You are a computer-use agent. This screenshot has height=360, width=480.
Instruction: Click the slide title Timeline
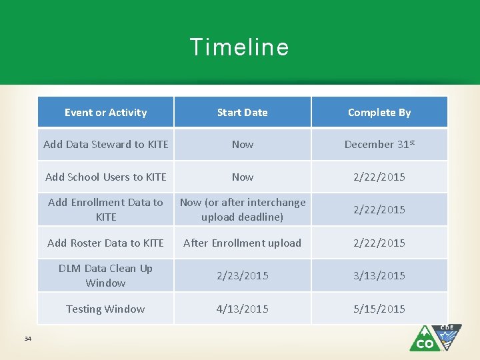point(239,47)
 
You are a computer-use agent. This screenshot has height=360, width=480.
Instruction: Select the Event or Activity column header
point(105,113)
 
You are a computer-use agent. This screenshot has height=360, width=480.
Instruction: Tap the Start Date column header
point(242,113)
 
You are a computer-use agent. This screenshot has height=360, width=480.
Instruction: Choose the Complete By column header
point(379,113)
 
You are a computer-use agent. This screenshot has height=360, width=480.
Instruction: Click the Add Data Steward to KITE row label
point(105,144)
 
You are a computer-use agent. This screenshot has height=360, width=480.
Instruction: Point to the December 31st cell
point(379,144)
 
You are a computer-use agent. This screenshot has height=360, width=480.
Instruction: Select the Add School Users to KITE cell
point(105,177)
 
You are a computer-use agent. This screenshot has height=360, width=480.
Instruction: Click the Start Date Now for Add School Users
point(242,177)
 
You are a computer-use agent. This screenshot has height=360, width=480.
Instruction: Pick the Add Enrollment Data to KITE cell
point(105,209)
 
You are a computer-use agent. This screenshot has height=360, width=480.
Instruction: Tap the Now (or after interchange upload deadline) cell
point(242,209)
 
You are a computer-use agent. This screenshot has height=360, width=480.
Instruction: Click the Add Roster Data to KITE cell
point(105,243)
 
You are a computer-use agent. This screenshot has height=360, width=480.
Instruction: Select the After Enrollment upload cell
point(242,243)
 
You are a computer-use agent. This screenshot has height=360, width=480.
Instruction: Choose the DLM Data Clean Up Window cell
point(105,275)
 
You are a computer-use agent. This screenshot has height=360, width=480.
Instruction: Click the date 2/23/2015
point(242,275)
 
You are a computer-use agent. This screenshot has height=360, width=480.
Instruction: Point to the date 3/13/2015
point(379,275)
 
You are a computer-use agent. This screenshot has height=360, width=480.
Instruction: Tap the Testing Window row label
point(105,309)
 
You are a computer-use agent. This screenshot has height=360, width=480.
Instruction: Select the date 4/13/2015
point(242,309)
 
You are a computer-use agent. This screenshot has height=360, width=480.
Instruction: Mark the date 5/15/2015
point(379,309)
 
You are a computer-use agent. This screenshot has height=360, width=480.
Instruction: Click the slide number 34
point(28,339)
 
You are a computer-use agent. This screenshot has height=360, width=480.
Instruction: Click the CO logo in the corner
point(435,338)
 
